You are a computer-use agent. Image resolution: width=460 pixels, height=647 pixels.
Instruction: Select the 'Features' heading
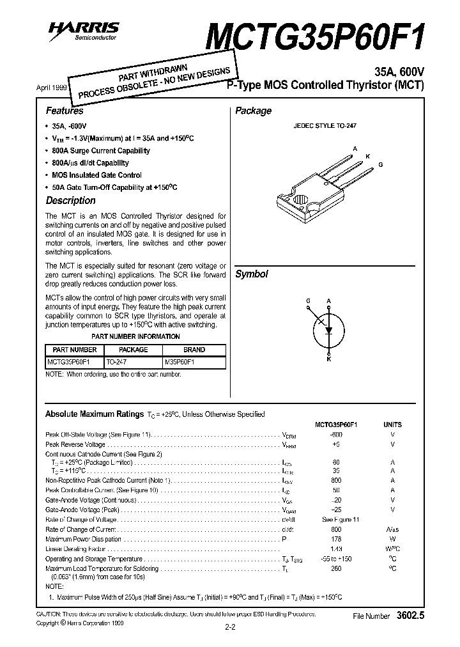[65, 111]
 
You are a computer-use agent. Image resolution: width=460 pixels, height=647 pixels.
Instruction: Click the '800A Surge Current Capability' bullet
[101, 151]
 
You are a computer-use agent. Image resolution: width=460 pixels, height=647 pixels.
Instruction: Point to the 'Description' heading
[70, 200]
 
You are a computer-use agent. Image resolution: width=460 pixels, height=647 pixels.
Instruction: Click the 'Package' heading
[254, 111]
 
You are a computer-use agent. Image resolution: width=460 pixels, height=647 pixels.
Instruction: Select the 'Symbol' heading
[252, 274]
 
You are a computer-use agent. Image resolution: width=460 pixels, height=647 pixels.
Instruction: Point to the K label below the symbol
[329, 359]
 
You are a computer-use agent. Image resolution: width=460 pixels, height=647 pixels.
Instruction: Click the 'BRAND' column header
[194, 350]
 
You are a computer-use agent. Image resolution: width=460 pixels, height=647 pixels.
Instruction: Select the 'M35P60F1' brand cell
[180, 361]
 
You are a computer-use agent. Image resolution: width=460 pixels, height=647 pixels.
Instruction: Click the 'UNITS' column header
[392, 425]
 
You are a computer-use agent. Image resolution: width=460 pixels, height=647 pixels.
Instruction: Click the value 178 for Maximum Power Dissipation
[336, 540]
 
